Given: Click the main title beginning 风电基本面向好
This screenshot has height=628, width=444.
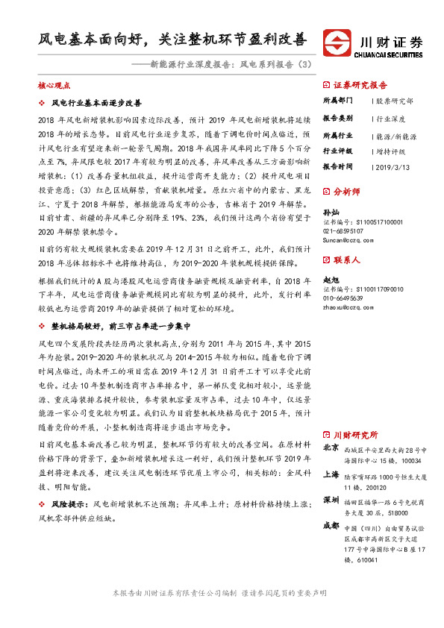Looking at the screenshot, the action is [x=172, y=38].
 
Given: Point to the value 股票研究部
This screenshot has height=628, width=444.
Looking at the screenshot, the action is [x=395, y=100].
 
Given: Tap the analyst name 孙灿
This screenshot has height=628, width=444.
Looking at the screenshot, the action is [x=330, y=213].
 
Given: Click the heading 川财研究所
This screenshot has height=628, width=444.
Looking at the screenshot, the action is [x=355, y=434].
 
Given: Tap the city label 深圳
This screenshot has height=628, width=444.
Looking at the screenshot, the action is [x=331, y=499].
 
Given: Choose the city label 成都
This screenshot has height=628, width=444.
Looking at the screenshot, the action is [x=331, y=525].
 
